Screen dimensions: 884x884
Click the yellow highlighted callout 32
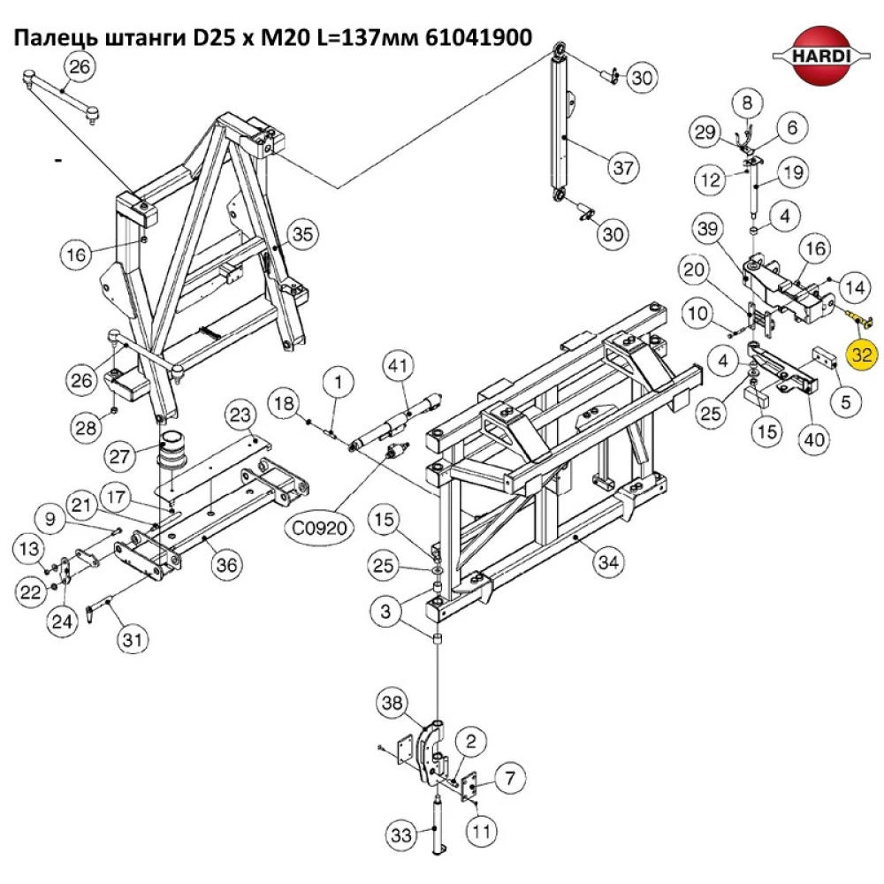(x=862, y=355)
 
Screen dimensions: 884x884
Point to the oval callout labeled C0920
(x=318, y=528)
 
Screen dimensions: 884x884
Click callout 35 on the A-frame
(x=302, y=234)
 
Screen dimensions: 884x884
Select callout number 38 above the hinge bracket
(x=392, y=703)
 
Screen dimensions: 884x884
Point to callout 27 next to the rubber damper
(x=119, y=457)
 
